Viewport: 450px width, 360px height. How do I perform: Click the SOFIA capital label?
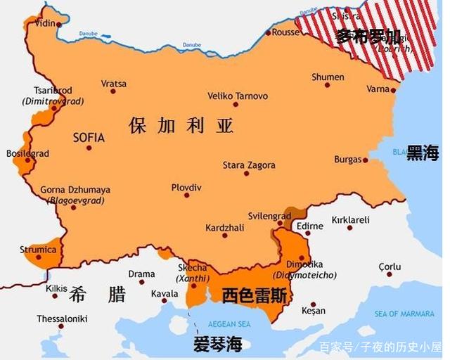click(89, 138)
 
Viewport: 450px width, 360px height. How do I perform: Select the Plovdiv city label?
click(186, 188)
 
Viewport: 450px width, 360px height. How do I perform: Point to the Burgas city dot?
click(366, 160)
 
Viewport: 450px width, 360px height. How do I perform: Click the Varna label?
click(378, 89)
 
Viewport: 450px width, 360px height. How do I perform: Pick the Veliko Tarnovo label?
click(238, 96)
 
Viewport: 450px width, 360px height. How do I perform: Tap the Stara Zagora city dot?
click(246, 173)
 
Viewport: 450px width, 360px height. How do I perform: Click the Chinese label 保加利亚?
click(181, 126)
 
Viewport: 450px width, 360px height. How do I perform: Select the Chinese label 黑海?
click(423, 154)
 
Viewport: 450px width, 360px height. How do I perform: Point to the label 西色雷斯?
click(254, 296)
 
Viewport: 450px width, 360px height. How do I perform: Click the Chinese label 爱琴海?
click(218, 345)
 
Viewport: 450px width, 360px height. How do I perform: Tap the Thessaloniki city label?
click(62, 319)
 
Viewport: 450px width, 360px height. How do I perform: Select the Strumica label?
click(38, 249)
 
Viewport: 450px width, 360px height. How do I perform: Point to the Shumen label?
click(328, 77)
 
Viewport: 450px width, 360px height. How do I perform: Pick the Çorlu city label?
click(390, 266)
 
